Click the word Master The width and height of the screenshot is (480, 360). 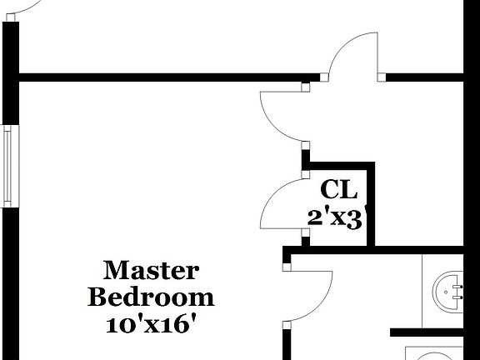point(151,271)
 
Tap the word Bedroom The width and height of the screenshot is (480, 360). point(151,297)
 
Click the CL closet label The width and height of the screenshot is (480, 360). point(338,189)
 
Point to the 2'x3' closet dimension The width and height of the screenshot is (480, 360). point(337,217)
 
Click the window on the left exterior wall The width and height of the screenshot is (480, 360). point(7,166)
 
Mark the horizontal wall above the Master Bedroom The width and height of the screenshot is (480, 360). point(158,78)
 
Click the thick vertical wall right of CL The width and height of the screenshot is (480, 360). point(371,204)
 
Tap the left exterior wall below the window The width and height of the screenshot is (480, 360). point(9,283)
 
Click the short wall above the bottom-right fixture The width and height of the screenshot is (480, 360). point(433,332)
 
